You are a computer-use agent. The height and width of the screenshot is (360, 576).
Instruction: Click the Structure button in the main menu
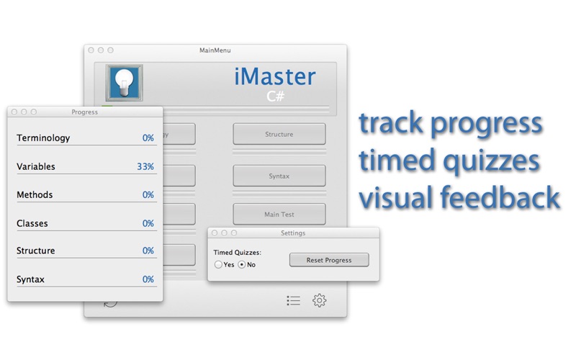coord(279,134)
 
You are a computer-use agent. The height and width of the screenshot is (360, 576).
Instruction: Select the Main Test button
coord(279,214)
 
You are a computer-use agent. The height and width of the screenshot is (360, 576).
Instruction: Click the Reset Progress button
coord(329,260)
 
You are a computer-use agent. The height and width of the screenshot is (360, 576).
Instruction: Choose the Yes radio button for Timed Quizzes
coord(218,264)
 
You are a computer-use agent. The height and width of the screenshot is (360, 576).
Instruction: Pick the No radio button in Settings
coord(242,264)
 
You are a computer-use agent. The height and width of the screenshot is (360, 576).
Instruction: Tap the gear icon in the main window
coord(319,300)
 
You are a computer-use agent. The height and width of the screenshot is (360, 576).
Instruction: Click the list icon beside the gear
coord(294,300)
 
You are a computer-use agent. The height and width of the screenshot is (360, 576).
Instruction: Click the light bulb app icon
coord(124,83)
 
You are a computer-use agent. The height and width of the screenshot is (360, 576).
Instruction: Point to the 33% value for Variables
coord(145,166)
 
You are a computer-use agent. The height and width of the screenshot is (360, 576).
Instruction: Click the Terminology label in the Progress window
coord(43,138)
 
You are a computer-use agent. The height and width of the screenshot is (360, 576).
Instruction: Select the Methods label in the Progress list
coord(35,194)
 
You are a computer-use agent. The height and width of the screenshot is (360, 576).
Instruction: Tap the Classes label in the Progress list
coord(32,223)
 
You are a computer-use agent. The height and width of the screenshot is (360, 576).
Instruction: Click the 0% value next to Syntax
coord(148,279)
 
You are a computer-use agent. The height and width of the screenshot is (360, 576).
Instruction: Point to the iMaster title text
coord(275,76)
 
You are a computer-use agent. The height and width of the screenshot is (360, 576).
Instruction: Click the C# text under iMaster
coord(276,96)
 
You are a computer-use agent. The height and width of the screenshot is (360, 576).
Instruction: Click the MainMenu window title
coord(215,50)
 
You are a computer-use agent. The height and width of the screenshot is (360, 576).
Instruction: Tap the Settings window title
coord(293,233)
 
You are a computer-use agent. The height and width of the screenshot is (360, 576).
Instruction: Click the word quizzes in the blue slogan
coord(492,161)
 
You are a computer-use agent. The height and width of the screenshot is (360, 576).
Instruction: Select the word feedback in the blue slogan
coord(500,197)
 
